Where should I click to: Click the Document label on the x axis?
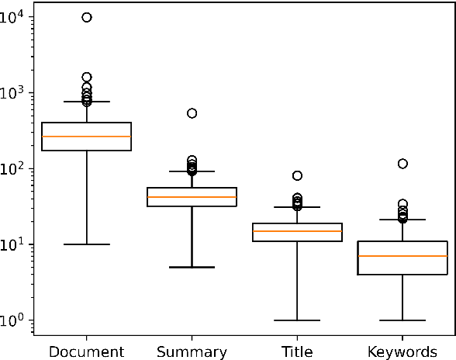[86, 351]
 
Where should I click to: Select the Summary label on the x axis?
[192, 351]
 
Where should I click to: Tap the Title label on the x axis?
[297, 351]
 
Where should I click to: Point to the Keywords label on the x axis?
[402, 351]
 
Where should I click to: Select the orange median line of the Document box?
[86, 137]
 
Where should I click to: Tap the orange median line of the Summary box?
[192, 197]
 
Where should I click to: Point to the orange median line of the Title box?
[297, 231]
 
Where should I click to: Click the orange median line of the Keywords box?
[402, 256]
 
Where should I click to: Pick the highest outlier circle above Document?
[87, 17]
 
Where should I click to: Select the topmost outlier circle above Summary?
[192, 113]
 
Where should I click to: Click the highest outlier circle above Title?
[297, 176]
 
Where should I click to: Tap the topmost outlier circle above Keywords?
[402, 164]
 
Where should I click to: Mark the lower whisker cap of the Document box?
[86, 244]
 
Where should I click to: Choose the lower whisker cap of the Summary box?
[192, 267]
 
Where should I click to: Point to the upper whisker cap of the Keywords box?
[402, 220]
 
